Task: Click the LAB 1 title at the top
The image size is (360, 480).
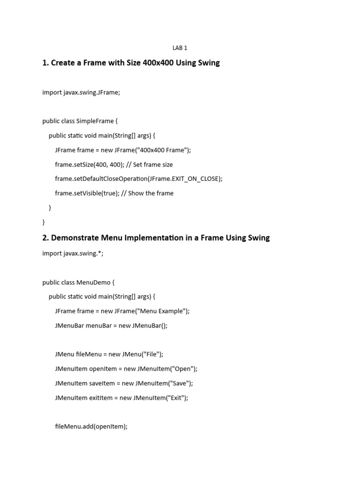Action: tap(180, 48)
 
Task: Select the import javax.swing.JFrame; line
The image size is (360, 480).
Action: tap(81, 92)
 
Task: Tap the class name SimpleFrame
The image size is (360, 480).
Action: tap(98, 121)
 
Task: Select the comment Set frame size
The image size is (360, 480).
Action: tap(153, 165)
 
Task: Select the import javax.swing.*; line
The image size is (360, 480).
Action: tap(73, 253)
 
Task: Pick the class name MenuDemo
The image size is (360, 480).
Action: tap(97, 282)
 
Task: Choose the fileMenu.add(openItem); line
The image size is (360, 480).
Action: tap(91, 427)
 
